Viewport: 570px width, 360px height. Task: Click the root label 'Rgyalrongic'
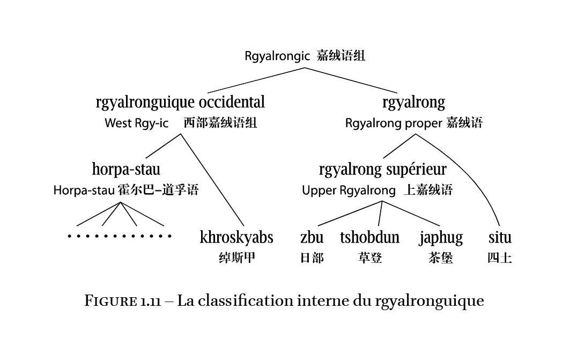coord(277,56)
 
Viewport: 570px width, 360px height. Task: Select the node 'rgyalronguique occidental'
coord(180,102)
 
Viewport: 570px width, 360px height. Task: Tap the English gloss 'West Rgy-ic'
coord(136,123)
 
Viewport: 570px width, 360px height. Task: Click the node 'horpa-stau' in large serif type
coord(126,170)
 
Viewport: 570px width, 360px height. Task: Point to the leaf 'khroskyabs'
coord(236,237)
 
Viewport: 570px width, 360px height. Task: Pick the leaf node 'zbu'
coord(312,237)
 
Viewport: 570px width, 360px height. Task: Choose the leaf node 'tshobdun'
coord(369,237)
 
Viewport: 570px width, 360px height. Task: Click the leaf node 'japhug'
coord(441,237)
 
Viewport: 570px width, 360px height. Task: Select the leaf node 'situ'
coord(500,237)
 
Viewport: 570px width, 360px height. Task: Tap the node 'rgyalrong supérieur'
coord(382,170)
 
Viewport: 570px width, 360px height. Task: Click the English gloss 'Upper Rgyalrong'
coord(349,190)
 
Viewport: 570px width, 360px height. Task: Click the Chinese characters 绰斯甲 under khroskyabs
coord(236,258)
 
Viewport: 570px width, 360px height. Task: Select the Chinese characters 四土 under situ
coord(500,258)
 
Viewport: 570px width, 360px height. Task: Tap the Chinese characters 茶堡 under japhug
coord(441,258)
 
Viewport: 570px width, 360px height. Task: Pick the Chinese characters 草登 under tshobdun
coord(369,258)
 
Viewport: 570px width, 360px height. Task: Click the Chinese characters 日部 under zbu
coord(312,258)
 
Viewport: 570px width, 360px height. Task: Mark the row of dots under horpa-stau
coord(120,236)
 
